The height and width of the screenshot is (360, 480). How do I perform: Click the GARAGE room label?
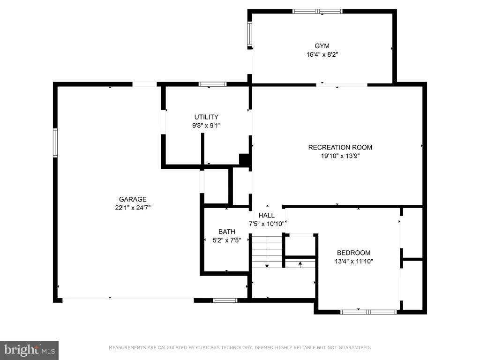[x=133, y=199]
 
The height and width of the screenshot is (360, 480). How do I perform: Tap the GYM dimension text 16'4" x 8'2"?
[x=322, y=54]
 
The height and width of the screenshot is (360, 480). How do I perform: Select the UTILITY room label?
[x=206, y=117]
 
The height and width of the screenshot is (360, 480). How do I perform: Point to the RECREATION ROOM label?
[x=340, y=147]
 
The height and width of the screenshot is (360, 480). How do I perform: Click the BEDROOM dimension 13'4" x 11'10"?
[x=354, y=261]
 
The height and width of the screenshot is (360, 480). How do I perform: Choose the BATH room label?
[x=227, y=232]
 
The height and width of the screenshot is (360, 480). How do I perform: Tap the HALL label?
[x=267, y=215]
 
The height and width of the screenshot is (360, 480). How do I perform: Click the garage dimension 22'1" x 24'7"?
[x=133, y=208]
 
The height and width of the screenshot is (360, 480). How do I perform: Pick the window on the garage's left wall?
[x=55, y=143]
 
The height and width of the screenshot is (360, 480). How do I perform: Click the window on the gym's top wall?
[x=317, y=12]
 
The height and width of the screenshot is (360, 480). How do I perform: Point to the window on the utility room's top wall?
[x=213, y=84]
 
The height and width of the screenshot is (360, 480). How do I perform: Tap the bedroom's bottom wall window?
[x=368, y=312]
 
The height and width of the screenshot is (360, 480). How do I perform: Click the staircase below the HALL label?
[x=267, y=251]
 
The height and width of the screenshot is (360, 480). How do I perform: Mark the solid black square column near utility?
[x=245, y=160]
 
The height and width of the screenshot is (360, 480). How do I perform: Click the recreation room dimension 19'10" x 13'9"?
[x=340, y=156]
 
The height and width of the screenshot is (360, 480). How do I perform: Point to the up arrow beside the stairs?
[x=300, y=264]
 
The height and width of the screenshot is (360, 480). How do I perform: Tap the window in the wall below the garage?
[x=225, y=300]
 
